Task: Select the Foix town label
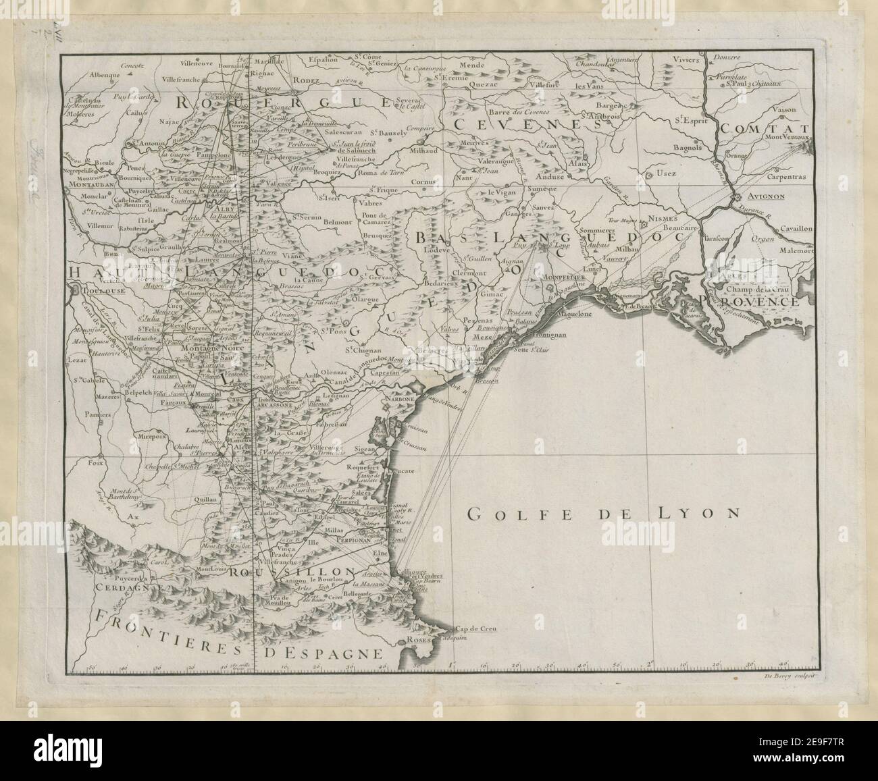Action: [x=84, y=464]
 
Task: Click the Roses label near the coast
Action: [x=413, y=641]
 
